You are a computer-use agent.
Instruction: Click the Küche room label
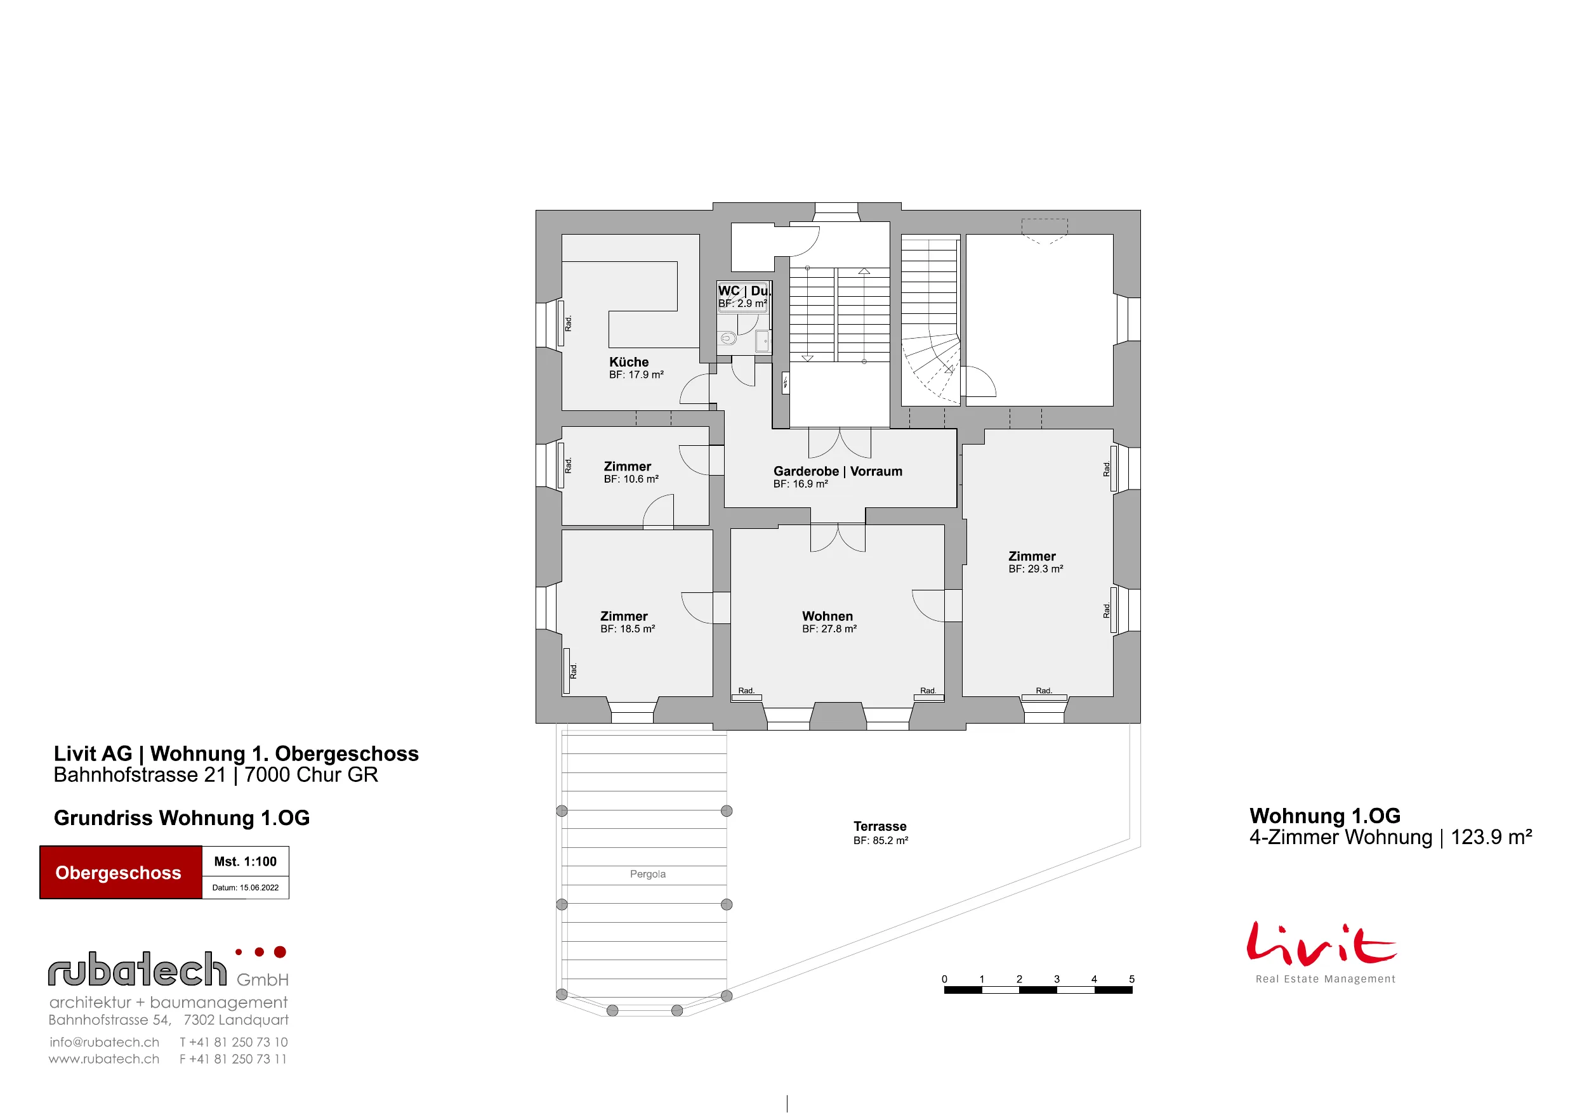point(628,362)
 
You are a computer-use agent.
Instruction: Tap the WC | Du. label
point(744,290)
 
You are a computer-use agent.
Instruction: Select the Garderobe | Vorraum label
point(838,471)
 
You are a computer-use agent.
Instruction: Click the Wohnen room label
point(827,616)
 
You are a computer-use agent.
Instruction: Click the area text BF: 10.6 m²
point(631,479)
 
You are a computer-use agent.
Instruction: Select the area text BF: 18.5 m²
point(628,629)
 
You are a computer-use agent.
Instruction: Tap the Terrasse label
point(880,826)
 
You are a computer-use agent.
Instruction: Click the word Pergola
point(647,874)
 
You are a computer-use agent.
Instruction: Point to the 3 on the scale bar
point(1057,979)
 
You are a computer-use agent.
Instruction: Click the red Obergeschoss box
point(121,872)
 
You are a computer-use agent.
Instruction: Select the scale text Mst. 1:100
point(245,861)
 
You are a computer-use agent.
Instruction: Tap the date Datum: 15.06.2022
point(245,887)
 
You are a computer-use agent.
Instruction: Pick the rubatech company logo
point(169,968)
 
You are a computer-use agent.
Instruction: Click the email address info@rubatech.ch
point(104,1043)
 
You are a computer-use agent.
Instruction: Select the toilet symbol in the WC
point(728,338)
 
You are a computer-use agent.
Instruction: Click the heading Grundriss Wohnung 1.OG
point(181,818)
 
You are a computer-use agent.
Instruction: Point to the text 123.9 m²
point(1491,837)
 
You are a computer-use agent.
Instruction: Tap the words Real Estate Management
point(1326,979)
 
